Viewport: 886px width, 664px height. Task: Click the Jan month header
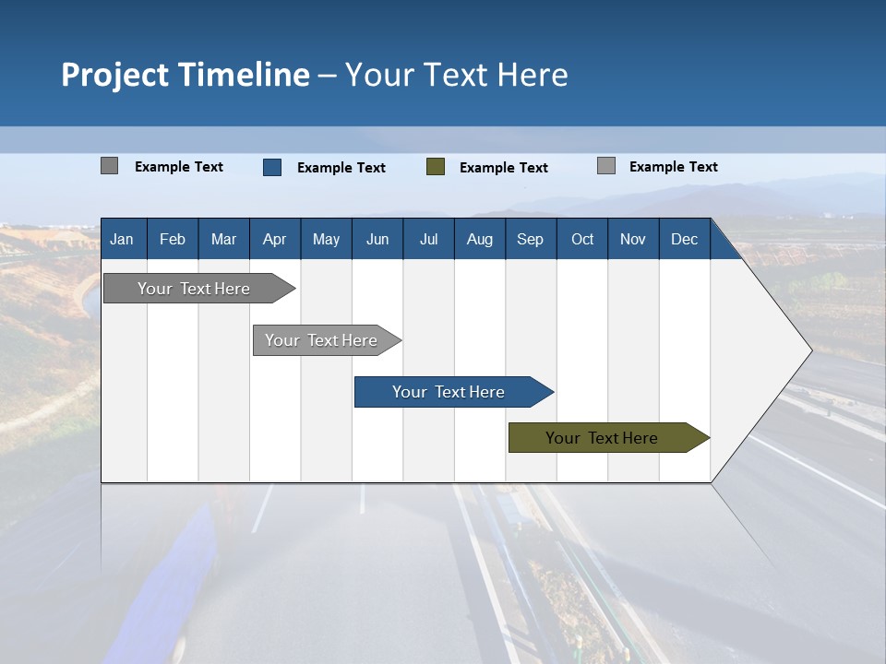[x=122, y=239]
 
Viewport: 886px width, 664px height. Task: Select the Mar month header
[x=223, y=239]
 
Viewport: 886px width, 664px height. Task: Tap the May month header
[x=326, y=239]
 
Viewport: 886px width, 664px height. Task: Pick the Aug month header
[x=479, y=239]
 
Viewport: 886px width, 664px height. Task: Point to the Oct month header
[x=582, y=239]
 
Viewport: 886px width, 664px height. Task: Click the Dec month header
[x=684, y=239]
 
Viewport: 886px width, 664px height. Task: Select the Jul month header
[x=428, y=239]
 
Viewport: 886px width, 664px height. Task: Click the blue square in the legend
[x=271, y=167]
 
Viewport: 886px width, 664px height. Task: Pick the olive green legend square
[x=436, y=167]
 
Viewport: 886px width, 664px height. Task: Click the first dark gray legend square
[x=109, y=166]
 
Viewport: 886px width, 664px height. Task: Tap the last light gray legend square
[x=605, y=166]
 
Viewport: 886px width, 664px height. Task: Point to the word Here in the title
[x=533, y=75]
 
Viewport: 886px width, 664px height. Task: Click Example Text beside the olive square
[x=503, y=167]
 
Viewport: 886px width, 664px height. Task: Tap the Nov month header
[x=632, y=239]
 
